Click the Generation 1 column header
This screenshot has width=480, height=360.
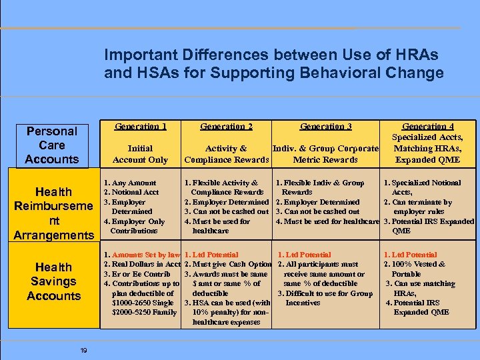pyautogui.click(x=140, y=127)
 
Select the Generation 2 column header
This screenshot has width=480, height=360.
pyautogui.click(x=226, y=127)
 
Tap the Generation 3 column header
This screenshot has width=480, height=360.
pyautogui.click(x=325, y=127)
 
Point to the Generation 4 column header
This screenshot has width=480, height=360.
pyautogui.click(x=428, y=127)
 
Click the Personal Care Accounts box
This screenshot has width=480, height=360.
pyautogui.click(x=52, y=145)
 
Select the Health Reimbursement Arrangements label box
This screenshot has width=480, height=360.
pyautogui.click(x=54, y=213)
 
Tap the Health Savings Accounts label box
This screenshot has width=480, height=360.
pyautogui.click(x=54, y=281)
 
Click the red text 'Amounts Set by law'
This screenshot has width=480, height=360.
pyautogui.click(x=146, y=255)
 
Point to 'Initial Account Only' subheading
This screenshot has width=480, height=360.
pyautogui.click(x=140, y=154)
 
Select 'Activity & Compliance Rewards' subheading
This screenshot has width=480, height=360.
pyautogui.click(x=226, y=154)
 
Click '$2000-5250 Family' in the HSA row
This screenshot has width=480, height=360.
pyautogui.click(x=144, y=312)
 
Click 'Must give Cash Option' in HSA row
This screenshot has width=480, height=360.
pyautogui.click(x=231, y=265)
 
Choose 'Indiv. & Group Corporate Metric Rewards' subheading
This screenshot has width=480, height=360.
pyautogui.click(x=325, y=154)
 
